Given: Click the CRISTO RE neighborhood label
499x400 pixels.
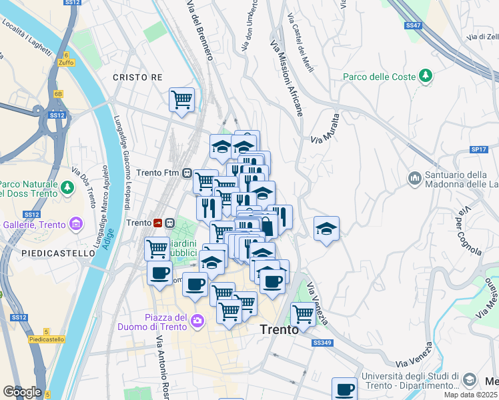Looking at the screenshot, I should (137, 77).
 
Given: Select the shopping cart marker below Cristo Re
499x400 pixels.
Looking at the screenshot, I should (181, 100).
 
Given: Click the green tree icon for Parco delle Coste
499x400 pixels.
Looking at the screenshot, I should (425, 77).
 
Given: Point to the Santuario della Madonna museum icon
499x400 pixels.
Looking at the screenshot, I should (414, 178).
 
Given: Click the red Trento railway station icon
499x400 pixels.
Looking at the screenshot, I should (159, 223).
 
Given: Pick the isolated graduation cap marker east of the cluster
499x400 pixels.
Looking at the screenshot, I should (326, 229).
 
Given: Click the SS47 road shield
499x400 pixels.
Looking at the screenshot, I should (413, 25).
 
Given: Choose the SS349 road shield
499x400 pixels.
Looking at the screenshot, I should (322, 343).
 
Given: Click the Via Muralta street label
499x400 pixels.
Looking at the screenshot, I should (326, 127).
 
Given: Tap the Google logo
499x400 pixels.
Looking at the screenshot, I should (22, 391).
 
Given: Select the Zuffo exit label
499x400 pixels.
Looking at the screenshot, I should (66, 62).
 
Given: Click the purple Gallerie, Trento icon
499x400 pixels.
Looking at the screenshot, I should (76, 222).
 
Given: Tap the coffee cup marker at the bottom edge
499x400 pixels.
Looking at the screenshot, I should (344, 389).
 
